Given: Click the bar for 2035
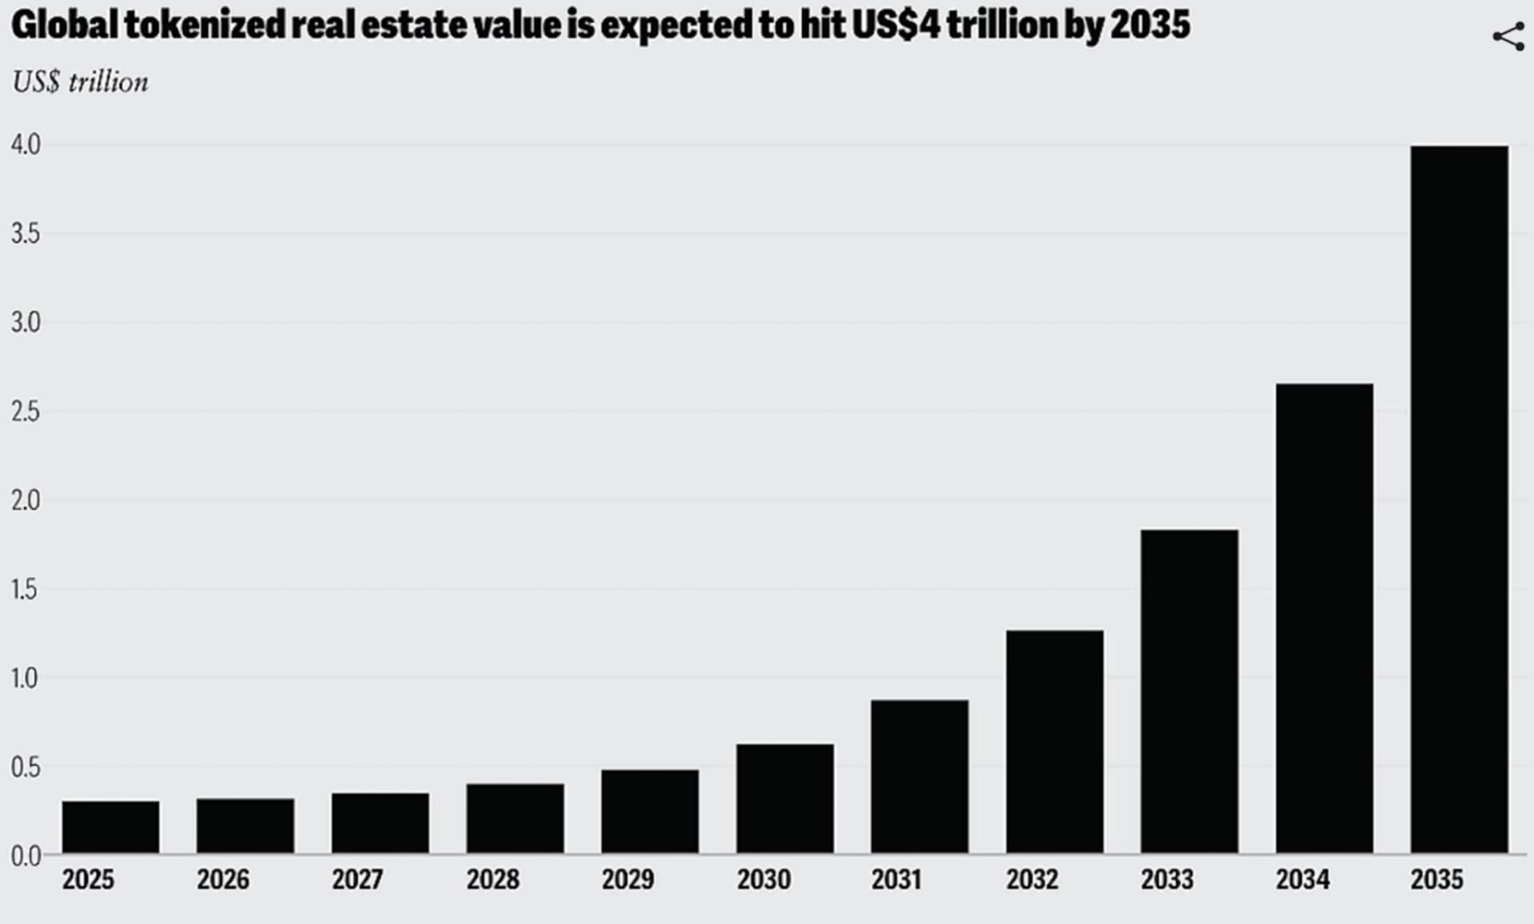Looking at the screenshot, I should [1459, 500].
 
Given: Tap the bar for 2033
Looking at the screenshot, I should [1189, 691].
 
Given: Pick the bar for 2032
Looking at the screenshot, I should [1055, 742].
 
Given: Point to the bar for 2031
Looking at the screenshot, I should [920, 776].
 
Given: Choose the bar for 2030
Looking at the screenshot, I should [785, 799].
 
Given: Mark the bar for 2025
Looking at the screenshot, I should [110, 827].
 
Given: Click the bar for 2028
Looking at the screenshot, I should [515, 818].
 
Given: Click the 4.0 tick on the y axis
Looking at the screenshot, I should [26, 145].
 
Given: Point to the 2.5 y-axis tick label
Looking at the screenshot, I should [26, 412].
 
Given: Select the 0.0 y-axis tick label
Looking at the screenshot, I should [26, 856].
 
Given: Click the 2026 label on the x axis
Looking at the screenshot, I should [223, 880].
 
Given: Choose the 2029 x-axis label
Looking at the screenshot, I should [628, 880].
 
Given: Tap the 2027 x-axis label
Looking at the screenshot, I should [358, 880].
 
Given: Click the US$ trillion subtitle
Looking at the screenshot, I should [80, 82].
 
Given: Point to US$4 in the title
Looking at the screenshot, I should [896, 26].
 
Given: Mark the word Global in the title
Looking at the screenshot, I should [65, 26].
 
